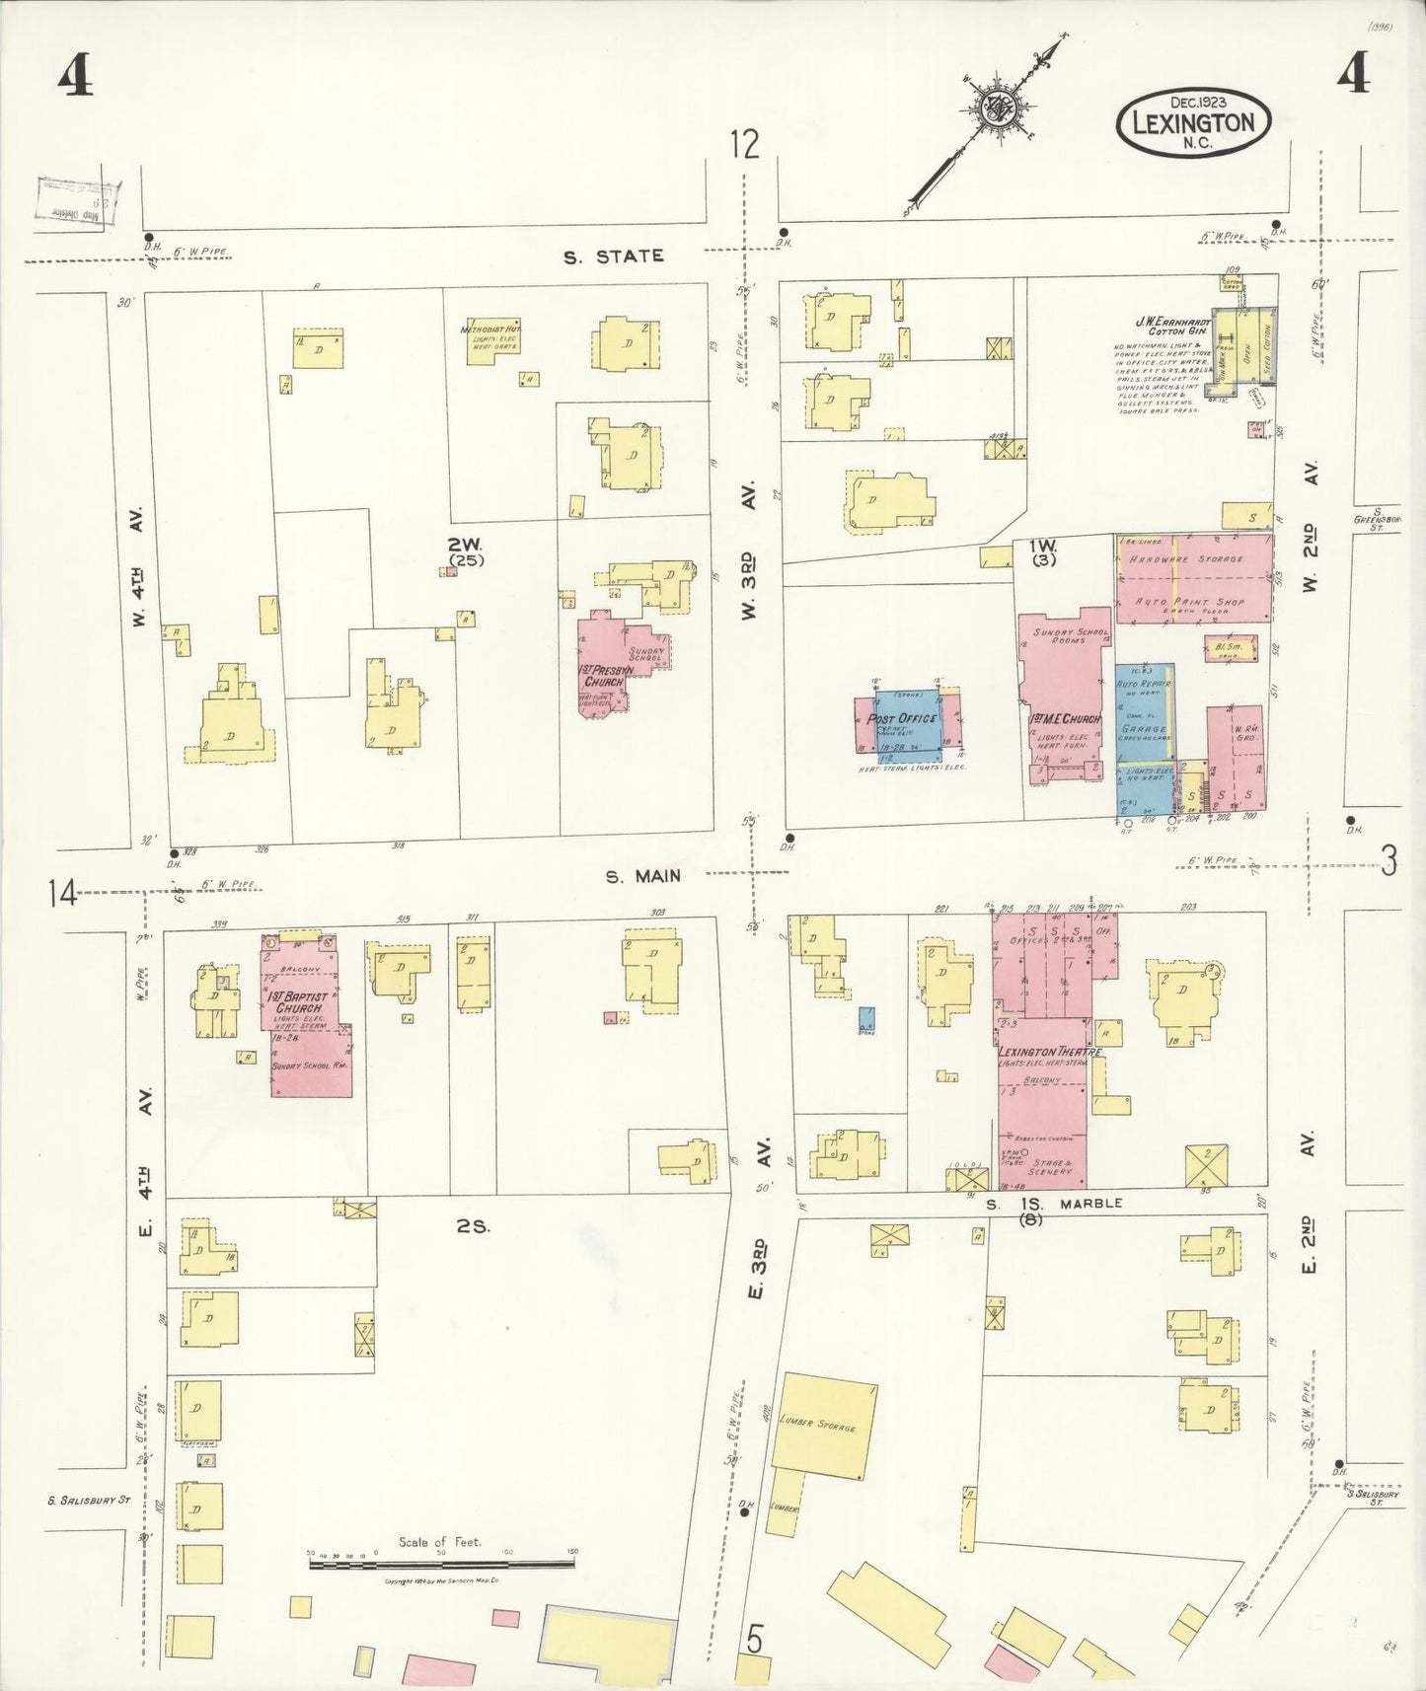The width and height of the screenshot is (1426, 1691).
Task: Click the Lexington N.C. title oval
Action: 1193,122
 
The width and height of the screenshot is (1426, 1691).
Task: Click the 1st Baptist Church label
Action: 297,1002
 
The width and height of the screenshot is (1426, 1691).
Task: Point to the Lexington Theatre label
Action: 1049,1052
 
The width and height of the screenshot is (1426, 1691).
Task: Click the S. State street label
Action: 613,257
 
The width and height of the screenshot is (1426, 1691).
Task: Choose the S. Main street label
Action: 643,875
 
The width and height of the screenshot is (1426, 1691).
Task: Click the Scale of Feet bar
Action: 441,1565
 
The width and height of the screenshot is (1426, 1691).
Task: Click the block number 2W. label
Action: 464,545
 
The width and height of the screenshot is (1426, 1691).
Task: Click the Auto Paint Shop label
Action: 1189,601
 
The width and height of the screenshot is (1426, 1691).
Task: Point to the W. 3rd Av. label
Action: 749,552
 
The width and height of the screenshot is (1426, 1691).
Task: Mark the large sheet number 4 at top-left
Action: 75,74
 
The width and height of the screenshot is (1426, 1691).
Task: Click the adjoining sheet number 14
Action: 60,894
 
